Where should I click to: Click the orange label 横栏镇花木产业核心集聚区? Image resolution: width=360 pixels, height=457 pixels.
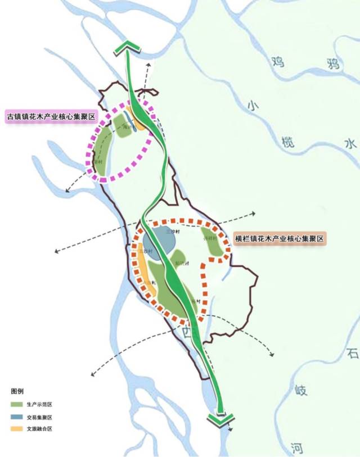tap(280, 238)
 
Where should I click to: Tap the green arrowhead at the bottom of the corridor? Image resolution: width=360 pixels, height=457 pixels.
tap(220, 418)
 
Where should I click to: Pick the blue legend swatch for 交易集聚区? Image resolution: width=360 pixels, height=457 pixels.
tap(17, 417)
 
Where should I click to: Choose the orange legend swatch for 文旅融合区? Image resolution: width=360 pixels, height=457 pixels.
tap(17, 429)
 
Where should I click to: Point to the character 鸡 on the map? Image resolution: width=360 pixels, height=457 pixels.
tap(277, 61)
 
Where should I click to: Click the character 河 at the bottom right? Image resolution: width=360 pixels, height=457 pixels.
tap(298, 448)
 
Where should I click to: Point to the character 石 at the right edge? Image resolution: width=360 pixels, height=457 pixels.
tap(352, 354)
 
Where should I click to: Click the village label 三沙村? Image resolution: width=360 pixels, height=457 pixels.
tap(173, 232)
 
